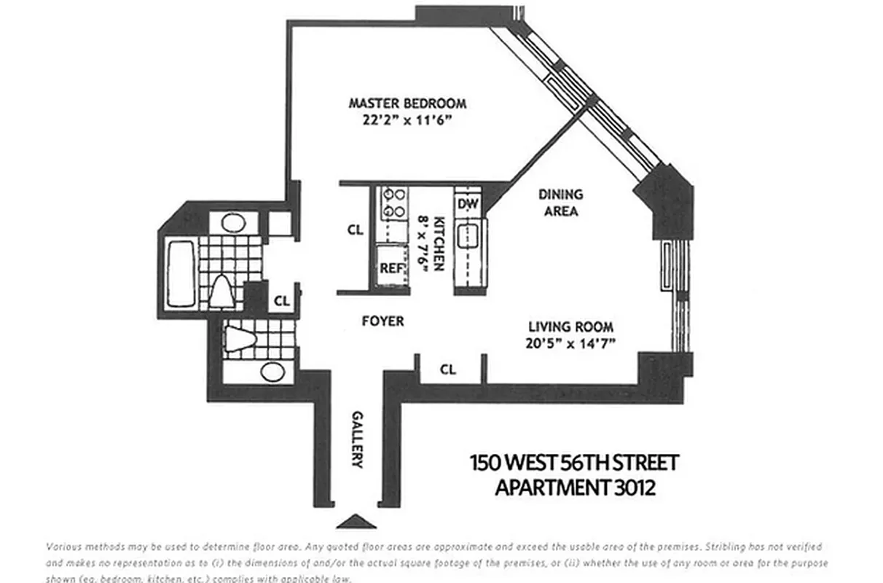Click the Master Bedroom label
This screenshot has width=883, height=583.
pos(407,103)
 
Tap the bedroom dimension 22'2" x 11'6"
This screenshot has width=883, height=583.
pos(407,122)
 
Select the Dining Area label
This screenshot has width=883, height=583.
pos(560,203)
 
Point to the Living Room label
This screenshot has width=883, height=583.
pos(570,327)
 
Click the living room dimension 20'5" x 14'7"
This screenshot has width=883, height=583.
pos(570,344)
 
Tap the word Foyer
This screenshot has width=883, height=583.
pos(382,321)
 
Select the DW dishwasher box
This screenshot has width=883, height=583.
pos(467,204)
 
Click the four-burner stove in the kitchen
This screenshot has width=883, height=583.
pos(394,203)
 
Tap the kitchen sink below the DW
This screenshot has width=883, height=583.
pos(467,237)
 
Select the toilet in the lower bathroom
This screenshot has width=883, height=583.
pos(240,339)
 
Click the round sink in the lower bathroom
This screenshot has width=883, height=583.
pos(272,371)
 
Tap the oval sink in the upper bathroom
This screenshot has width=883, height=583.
pos(232,222)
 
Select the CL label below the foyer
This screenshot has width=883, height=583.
pos(447,370)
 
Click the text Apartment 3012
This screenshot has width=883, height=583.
pos(575,486)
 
